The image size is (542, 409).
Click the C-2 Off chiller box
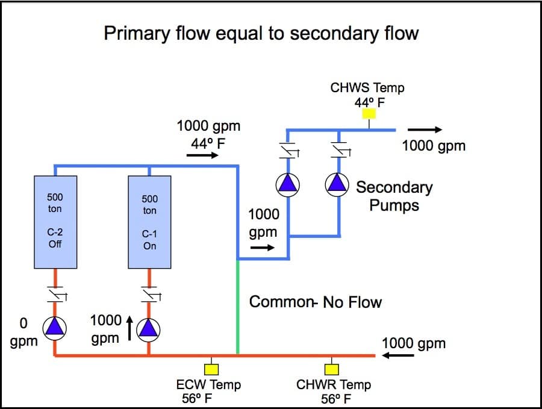tap(55, 222)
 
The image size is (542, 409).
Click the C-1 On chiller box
tap(149, 222)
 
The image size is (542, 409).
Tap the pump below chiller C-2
tap(55, 328)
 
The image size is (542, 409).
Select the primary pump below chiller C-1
tap(148, 329)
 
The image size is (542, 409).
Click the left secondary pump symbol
tap(288, 184)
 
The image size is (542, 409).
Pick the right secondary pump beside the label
tap(337, 184)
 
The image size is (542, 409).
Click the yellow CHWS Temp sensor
tap(369, 114)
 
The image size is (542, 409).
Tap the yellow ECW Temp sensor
tap(211, 370)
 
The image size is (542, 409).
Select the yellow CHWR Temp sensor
tap(331, 370)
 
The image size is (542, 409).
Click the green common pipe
tap(237, 307)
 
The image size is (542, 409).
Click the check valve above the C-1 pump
tap(151, 294)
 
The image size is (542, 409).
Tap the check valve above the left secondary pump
tap(289, 150)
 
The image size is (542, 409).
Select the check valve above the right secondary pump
tap(340, 150)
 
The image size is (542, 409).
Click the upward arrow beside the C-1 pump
tap(129, 328)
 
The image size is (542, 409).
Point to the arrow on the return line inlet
tap(397, 355)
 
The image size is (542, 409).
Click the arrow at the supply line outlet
tap(425, 130)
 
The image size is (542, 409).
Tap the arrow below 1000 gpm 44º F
tap(202, 155)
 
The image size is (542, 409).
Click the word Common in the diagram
tap(281, 302)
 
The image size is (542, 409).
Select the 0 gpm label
tap(23, 333)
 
